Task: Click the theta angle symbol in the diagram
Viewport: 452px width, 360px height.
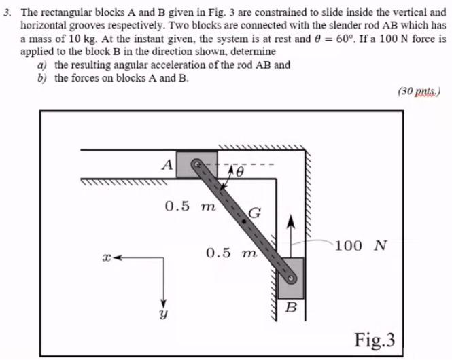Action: pos(239,174)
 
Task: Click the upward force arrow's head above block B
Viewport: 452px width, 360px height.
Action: pos(290,221)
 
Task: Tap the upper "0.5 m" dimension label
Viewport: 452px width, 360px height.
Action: pos(190,206)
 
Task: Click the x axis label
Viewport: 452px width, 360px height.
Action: pos(105,259)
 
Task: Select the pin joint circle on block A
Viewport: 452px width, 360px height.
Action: pos(196,164)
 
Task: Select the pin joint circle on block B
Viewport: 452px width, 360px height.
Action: pos(292,278)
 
